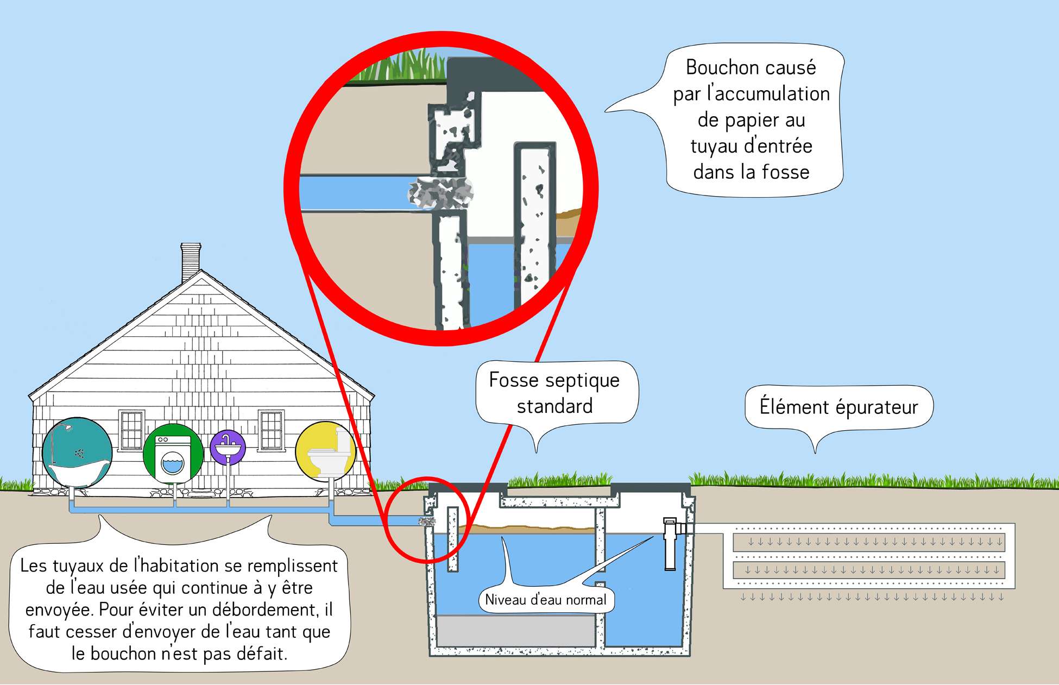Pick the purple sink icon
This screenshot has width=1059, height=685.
[x=228, y=447]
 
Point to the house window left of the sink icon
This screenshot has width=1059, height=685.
[x=131, y=430]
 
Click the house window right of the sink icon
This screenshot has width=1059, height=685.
[x=271, y=430]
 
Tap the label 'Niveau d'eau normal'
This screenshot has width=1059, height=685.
[x=545, y=600]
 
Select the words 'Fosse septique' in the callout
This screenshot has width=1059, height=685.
[x=554, y=380]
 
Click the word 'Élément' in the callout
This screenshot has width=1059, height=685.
[x=793, y=407]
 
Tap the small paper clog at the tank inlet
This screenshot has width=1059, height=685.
[x=426, y=521]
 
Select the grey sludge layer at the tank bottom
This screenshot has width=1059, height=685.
[x=516, y=630]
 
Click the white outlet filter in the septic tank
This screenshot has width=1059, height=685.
[x=670, y=543]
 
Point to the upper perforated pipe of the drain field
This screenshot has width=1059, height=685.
[x=869, y=542]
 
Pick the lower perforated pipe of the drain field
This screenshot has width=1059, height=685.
[x=869, y=570]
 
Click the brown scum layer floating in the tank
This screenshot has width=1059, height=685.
[x=527, y=527]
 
